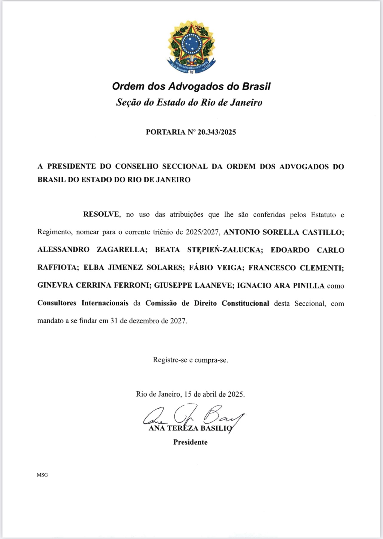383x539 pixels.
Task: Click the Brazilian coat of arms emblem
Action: click(191, 47)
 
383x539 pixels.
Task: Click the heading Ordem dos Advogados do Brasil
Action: click(191, 87)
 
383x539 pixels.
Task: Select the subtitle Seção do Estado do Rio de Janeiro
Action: click(189, 102)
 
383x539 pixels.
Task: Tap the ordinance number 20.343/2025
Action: click(216, 132)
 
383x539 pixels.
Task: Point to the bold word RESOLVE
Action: click(101, 214)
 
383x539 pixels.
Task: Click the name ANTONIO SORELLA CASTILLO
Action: click(284, 232)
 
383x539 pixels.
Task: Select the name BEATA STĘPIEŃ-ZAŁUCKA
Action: click(209, 250)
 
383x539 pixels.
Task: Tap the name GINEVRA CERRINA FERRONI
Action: click(93, 286)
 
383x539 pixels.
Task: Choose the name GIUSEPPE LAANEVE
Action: click(193, 286)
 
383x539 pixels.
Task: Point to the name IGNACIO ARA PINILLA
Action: click(281, 286)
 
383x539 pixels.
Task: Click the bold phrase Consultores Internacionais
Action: click(83, 303)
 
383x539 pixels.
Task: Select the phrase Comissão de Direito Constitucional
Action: click(207, 303)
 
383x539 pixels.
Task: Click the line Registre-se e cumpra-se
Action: click(190, 360)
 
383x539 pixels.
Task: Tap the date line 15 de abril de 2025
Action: click(214, 394)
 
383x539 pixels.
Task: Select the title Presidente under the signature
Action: click(190, 442)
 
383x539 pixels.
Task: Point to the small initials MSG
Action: click(42, 475)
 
